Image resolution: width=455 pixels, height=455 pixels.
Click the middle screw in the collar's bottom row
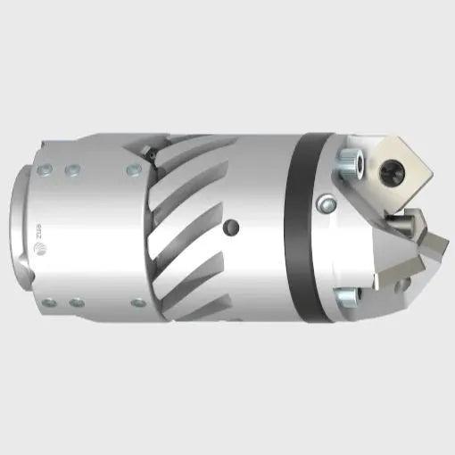(78, 303)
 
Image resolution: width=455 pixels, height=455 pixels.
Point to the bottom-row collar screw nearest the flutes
(137, 302)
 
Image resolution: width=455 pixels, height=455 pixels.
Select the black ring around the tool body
(300, 227)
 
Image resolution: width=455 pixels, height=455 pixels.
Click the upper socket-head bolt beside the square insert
(347, 162)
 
